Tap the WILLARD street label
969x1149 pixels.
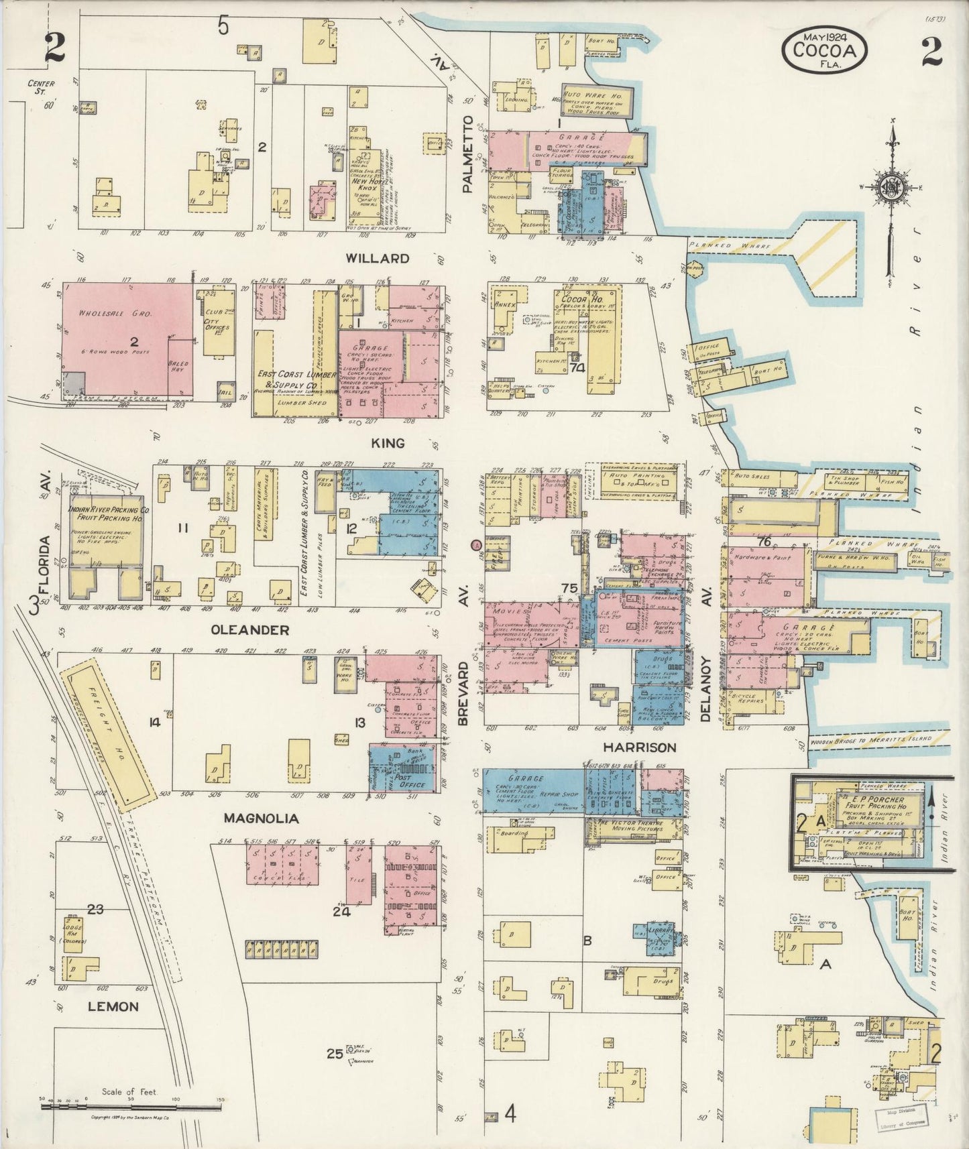(x=378, y=258)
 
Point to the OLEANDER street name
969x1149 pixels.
(x=241, y=630)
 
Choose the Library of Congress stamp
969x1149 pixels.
(x=901, y=1120)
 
